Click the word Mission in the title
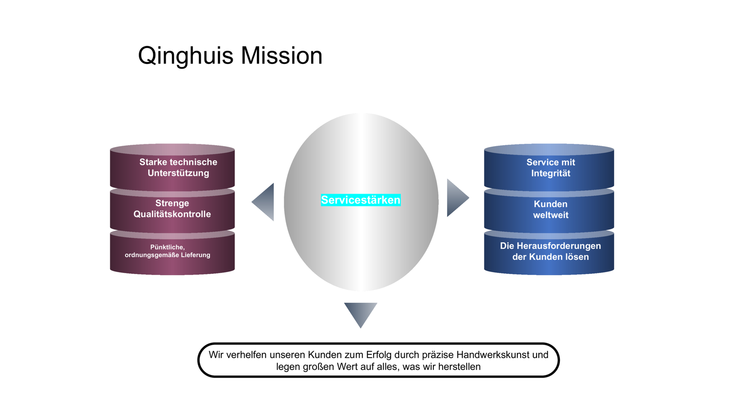(x=282, y=55)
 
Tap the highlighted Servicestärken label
(x=361, y=200)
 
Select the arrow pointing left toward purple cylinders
(x=263, y=202)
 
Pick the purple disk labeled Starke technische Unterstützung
(x=172, y=167)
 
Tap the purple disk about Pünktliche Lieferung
(x=172, y=253)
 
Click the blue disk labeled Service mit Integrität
(x=549, y=167)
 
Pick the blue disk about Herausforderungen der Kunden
(x=549, y=253)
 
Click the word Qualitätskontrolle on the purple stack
(x=172, y=214)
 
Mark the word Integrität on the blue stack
(x=551, y=173)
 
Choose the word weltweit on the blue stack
(x=551, y=215)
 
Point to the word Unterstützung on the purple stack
(x=178, y=173)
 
